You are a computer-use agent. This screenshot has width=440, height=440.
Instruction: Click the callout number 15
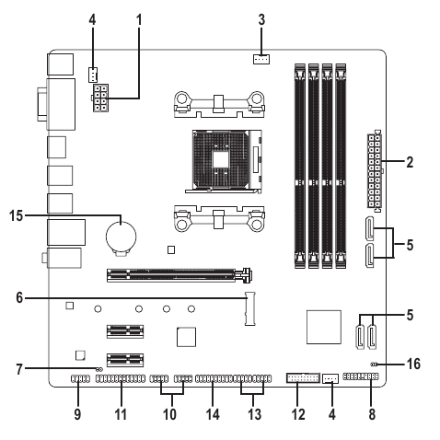click(x=16, y=215)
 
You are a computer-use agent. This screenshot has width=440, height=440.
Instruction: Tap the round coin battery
click(x=121, y=237)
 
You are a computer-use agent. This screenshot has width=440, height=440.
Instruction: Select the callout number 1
click(x=139, y=19)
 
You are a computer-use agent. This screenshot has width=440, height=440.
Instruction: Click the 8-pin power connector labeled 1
click(x=99, y=98)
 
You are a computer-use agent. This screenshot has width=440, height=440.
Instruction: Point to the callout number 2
click(x=410, y=162)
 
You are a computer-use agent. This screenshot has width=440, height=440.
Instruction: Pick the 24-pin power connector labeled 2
click(x=375, y=171)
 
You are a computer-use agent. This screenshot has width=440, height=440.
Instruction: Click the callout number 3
click(x=261, y=19)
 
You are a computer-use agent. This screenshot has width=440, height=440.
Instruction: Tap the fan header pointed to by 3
click(x=261, y=59)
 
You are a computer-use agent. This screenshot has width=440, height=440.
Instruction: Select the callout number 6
click(x=19, y=297)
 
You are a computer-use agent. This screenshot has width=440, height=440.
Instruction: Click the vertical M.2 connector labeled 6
click(x=250, y=308)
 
